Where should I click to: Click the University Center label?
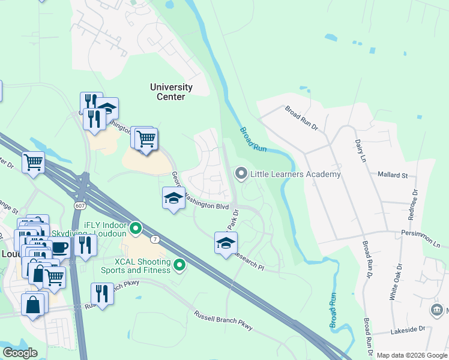171,92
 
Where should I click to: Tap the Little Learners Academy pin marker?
241,174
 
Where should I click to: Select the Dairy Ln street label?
360,149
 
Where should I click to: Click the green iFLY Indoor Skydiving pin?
136,228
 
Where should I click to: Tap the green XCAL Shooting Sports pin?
179,264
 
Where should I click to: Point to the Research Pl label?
247,261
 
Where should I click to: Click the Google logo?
20,353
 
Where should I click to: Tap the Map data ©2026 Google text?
411,355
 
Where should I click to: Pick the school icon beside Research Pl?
226,243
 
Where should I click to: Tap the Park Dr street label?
233,220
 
